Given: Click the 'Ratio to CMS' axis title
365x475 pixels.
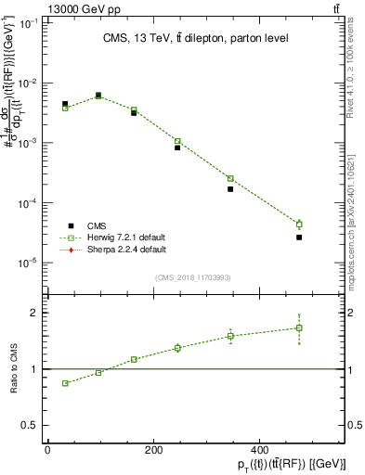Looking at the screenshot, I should pyautogui.click(x=12, y=368).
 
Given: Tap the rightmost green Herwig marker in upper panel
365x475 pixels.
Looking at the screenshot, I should pyautogui.click(x=299, y=224).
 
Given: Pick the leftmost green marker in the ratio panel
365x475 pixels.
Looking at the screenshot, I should pyautogui.click(x=65, y=383).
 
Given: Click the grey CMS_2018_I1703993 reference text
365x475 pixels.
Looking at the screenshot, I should pyautogui.click(x=192, y=277).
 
